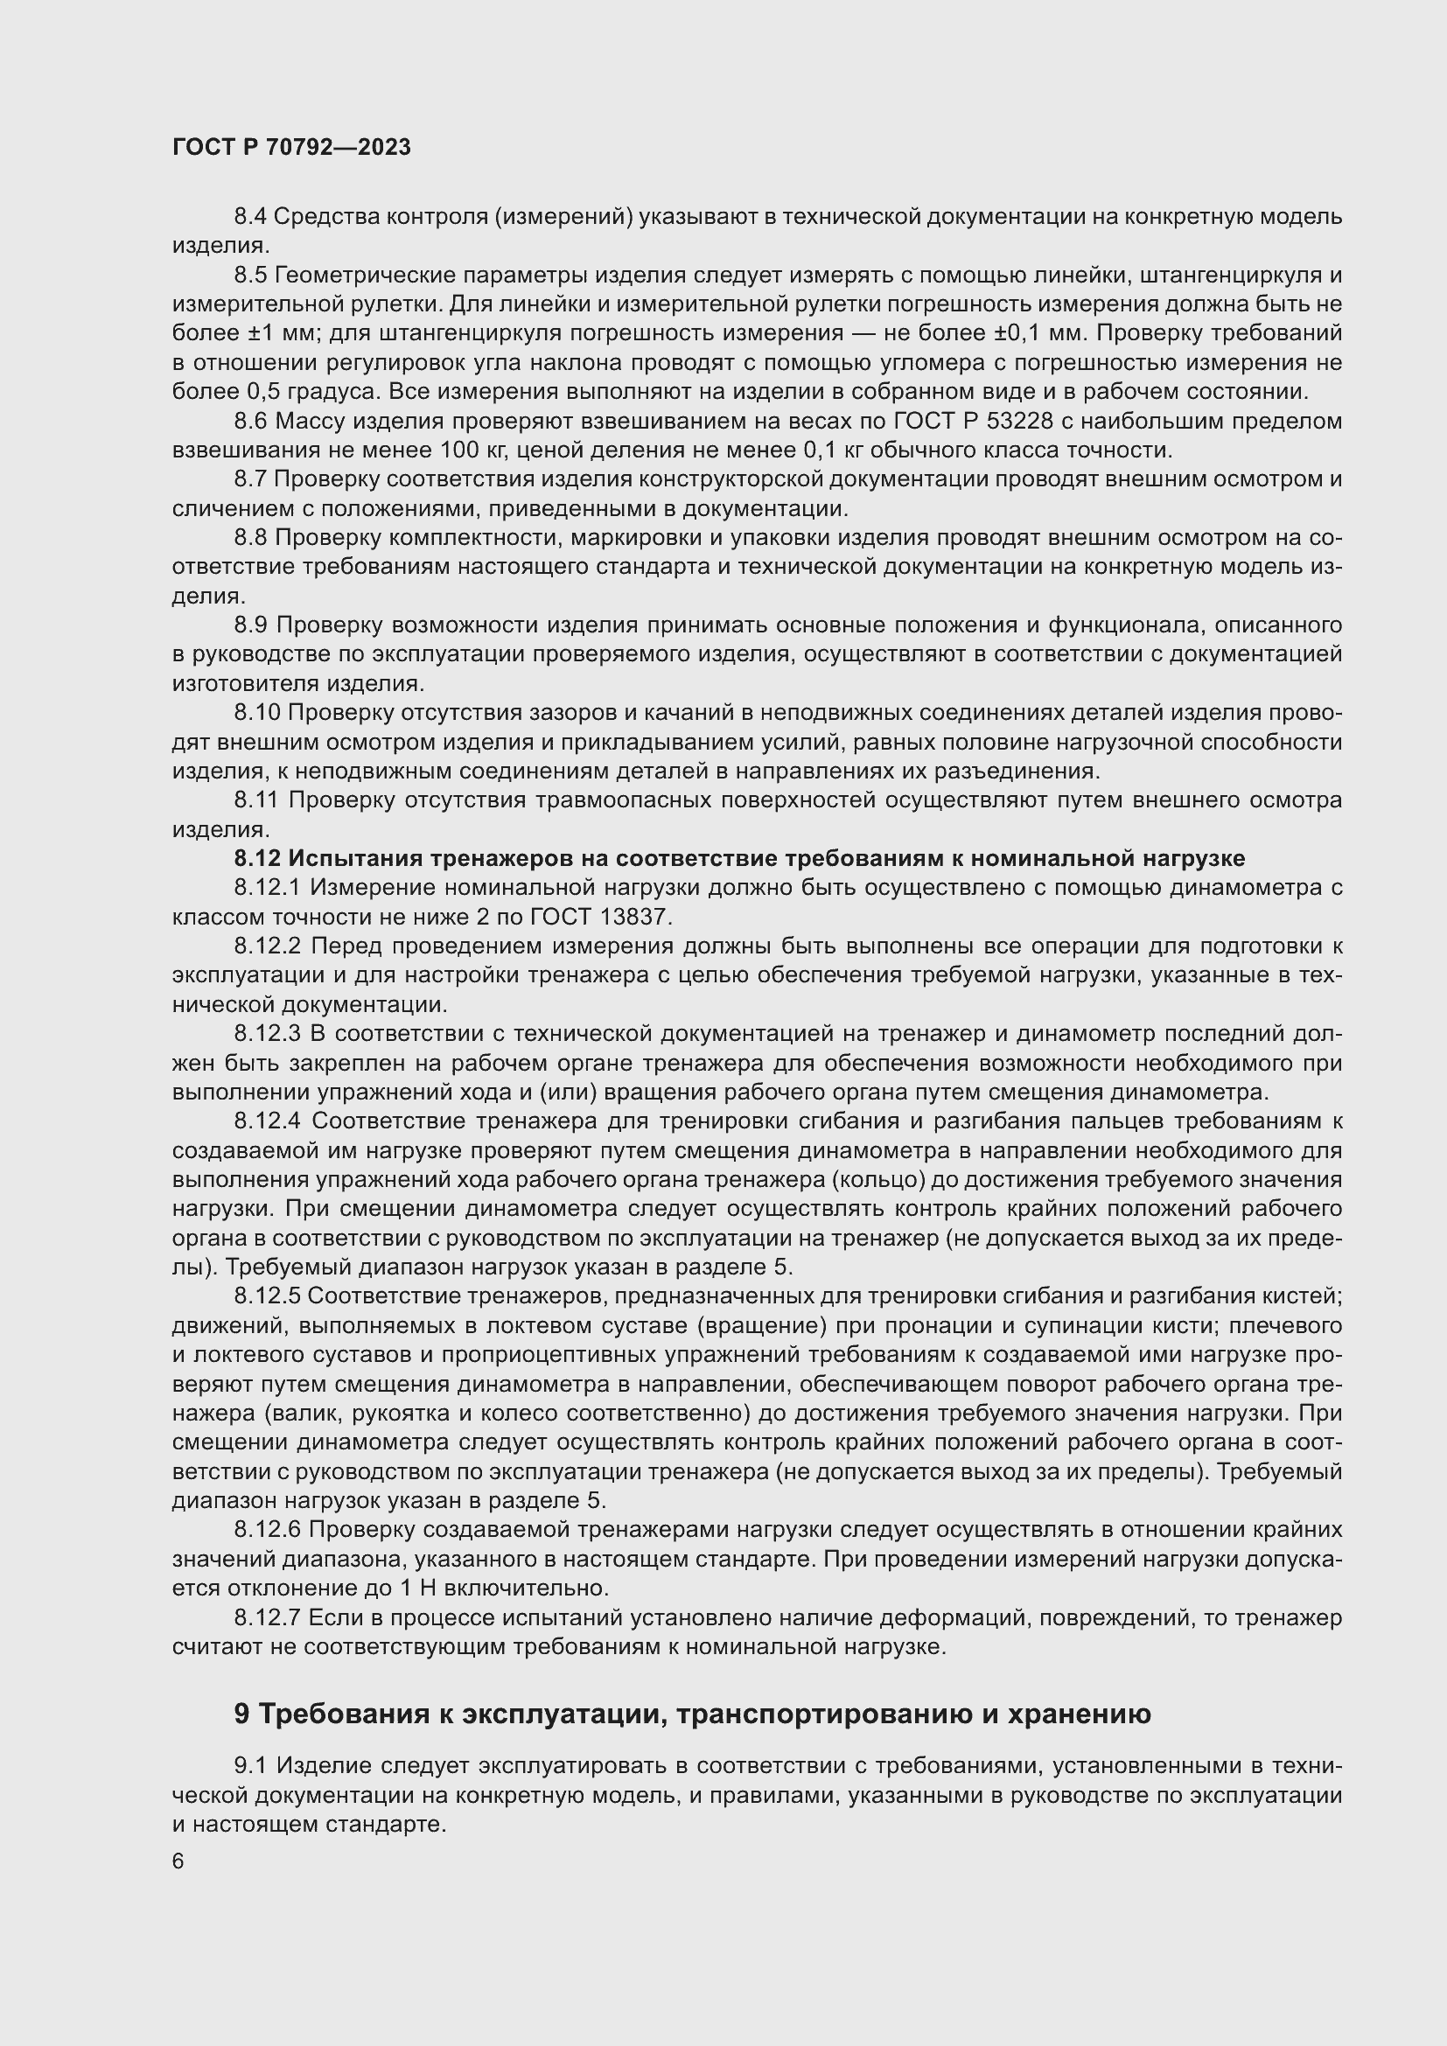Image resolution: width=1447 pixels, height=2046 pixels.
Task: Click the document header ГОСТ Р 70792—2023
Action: click(x=291, y=147)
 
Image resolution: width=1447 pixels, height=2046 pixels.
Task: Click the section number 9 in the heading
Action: click(x=241, y=1714)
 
